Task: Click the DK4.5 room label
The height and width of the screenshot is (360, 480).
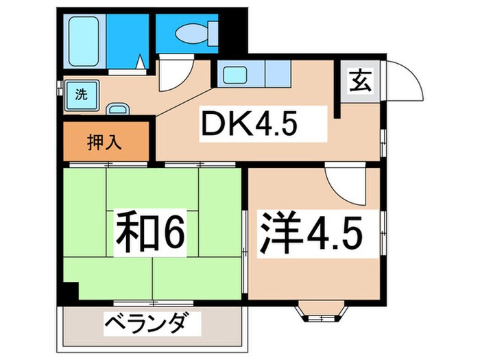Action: point(250,125)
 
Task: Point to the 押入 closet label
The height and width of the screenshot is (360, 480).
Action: point(105,143)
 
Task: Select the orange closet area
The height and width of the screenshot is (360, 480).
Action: point(105,143)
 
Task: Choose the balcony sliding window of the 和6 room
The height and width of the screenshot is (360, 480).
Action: point(154,302)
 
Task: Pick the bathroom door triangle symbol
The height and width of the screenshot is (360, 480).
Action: point(141,64)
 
